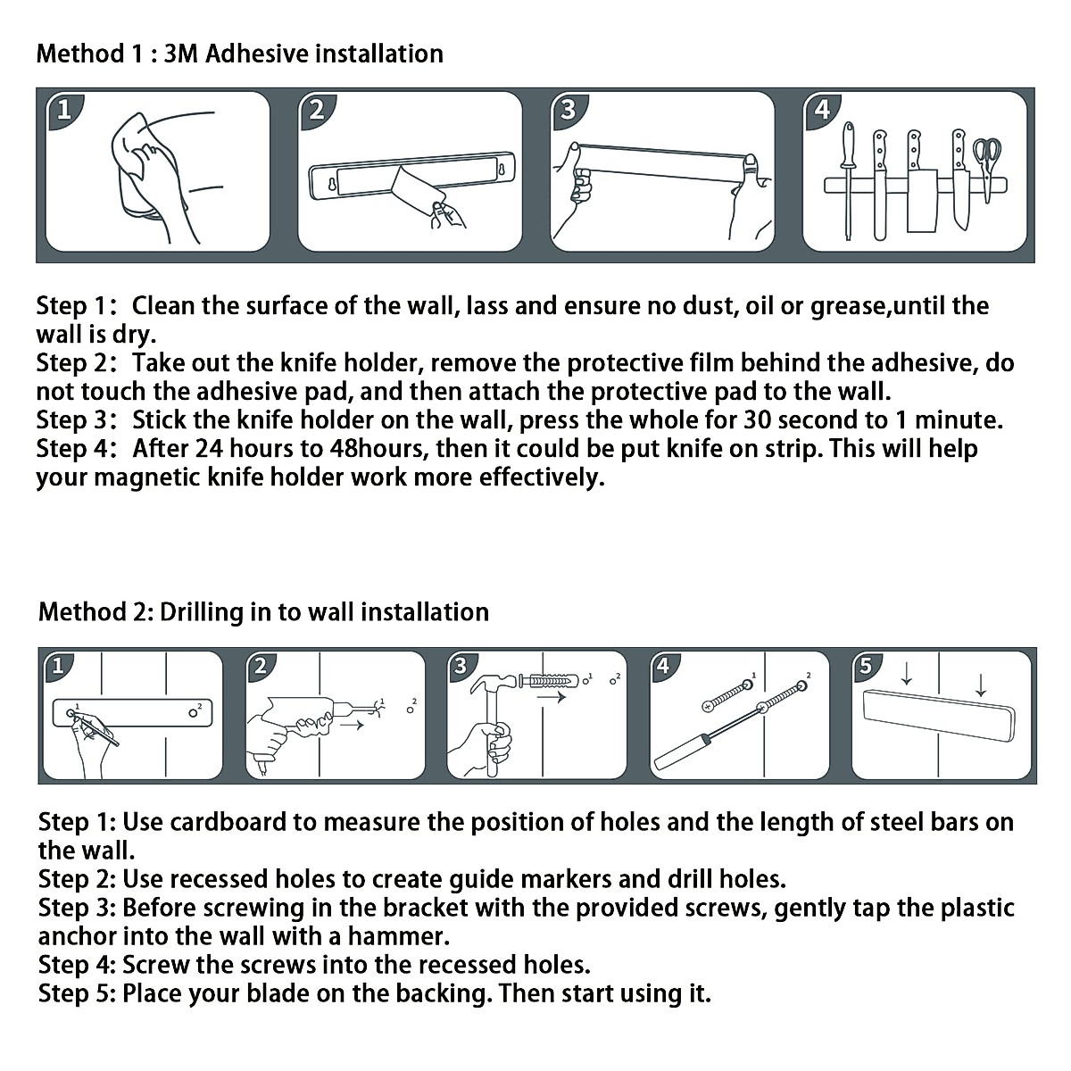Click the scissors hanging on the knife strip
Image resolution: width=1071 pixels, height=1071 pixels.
(987, 161)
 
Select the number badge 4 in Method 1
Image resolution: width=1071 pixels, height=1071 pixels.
(821, 110)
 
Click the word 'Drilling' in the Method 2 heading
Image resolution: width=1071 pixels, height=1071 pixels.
(202, 612)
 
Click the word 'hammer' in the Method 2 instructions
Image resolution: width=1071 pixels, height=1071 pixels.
(398, 936)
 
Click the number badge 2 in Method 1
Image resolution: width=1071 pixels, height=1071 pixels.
(316, 110)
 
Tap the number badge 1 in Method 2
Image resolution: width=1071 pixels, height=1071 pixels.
(57, 666)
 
